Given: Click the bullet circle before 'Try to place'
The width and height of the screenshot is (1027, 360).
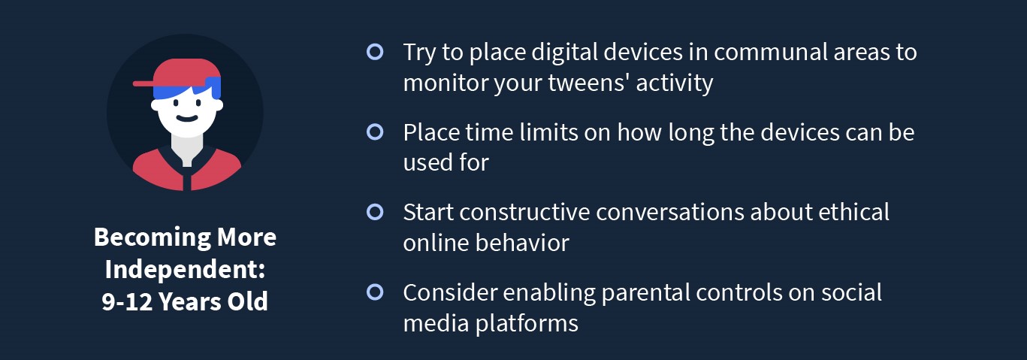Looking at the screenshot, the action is (375, 52).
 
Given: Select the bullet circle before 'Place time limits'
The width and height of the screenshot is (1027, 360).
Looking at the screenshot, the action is (375, 132).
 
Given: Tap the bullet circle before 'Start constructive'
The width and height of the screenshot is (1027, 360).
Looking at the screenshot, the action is (375, 212).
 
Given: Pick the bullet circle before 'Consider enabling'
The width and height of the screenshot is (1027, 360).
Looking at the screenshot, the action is (375, 292).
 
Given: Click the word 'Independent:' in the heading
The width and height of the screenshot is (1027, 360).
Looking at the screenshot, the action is (185, 270).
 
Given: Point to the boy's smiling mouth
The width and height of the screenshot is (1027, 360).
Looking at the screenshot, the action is (187, 118).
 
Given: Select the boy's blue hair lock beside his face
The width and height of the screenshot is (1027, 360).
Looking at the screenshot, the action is (213, 87).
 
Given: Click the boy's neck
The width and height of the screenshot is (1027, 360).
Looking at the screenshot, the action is (186, 149).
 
